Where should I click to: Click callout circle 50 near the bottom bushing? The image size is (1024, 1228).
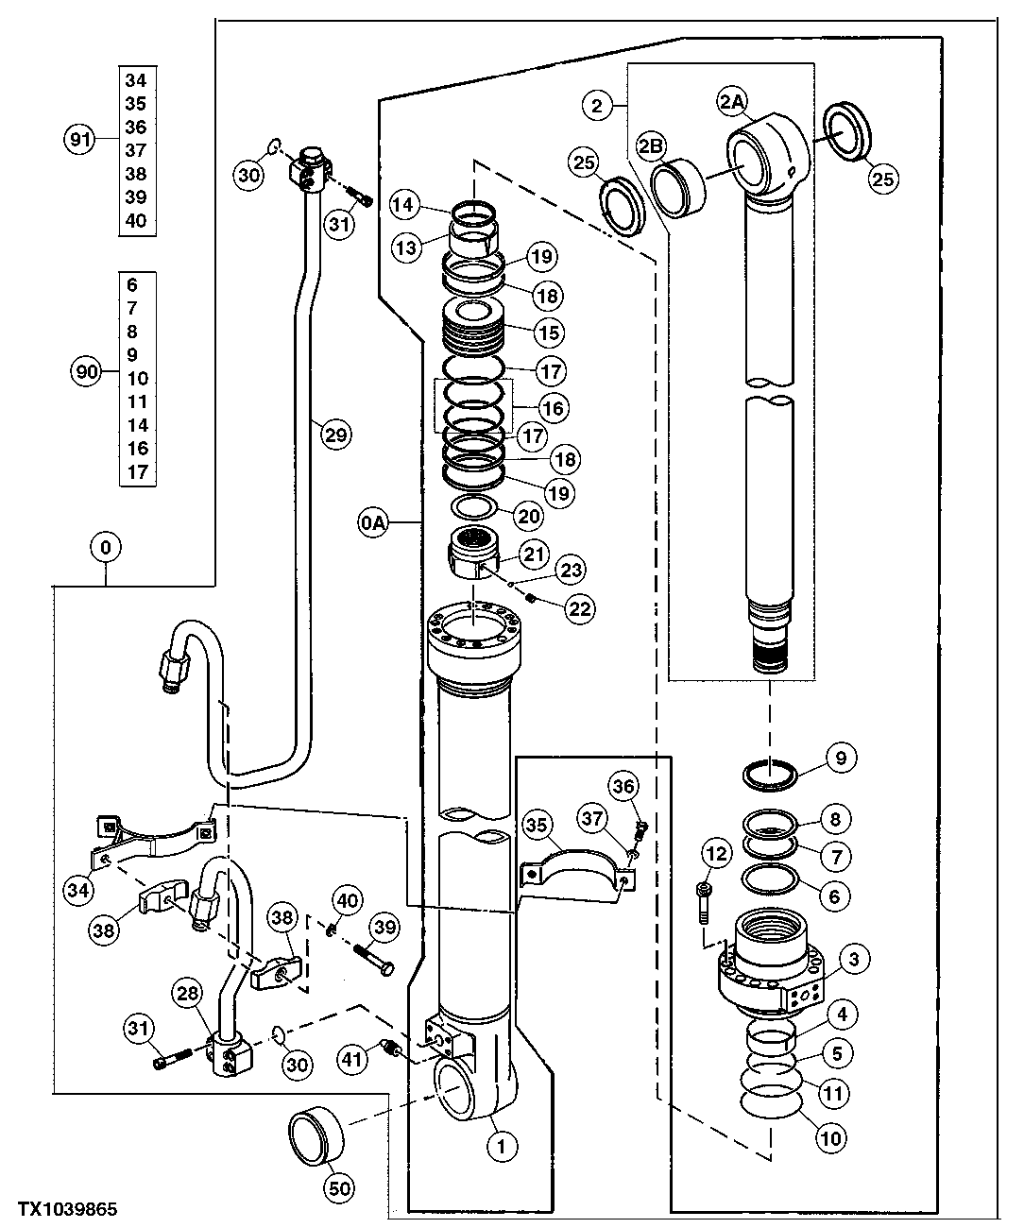pos(339,1187)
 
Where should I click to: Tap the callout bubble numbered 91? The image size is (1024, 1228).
pos(81,140)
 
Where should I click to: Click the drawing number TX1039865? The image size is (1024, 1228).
pos(60,1209)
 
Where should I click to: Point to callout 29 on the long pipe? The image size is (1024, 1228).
pos(336,435)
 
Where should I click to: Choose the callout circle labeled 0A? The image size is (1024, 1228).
pos(373,520)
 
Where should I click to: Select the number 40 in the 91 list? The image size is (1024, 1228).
pos(136,220)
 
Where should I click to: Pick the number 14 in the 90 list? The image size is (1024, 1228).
pos(138,425)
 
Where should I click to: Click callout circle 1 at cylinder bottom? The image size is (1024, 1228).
pos(503,1146)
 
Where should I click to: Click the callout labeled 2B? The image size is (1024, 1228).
pos(651,145)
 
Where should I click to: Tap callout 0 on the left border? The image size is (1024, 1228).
pos(106,546)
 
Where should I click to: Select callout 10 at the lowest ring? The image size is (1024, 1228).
pos(830,1139)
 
